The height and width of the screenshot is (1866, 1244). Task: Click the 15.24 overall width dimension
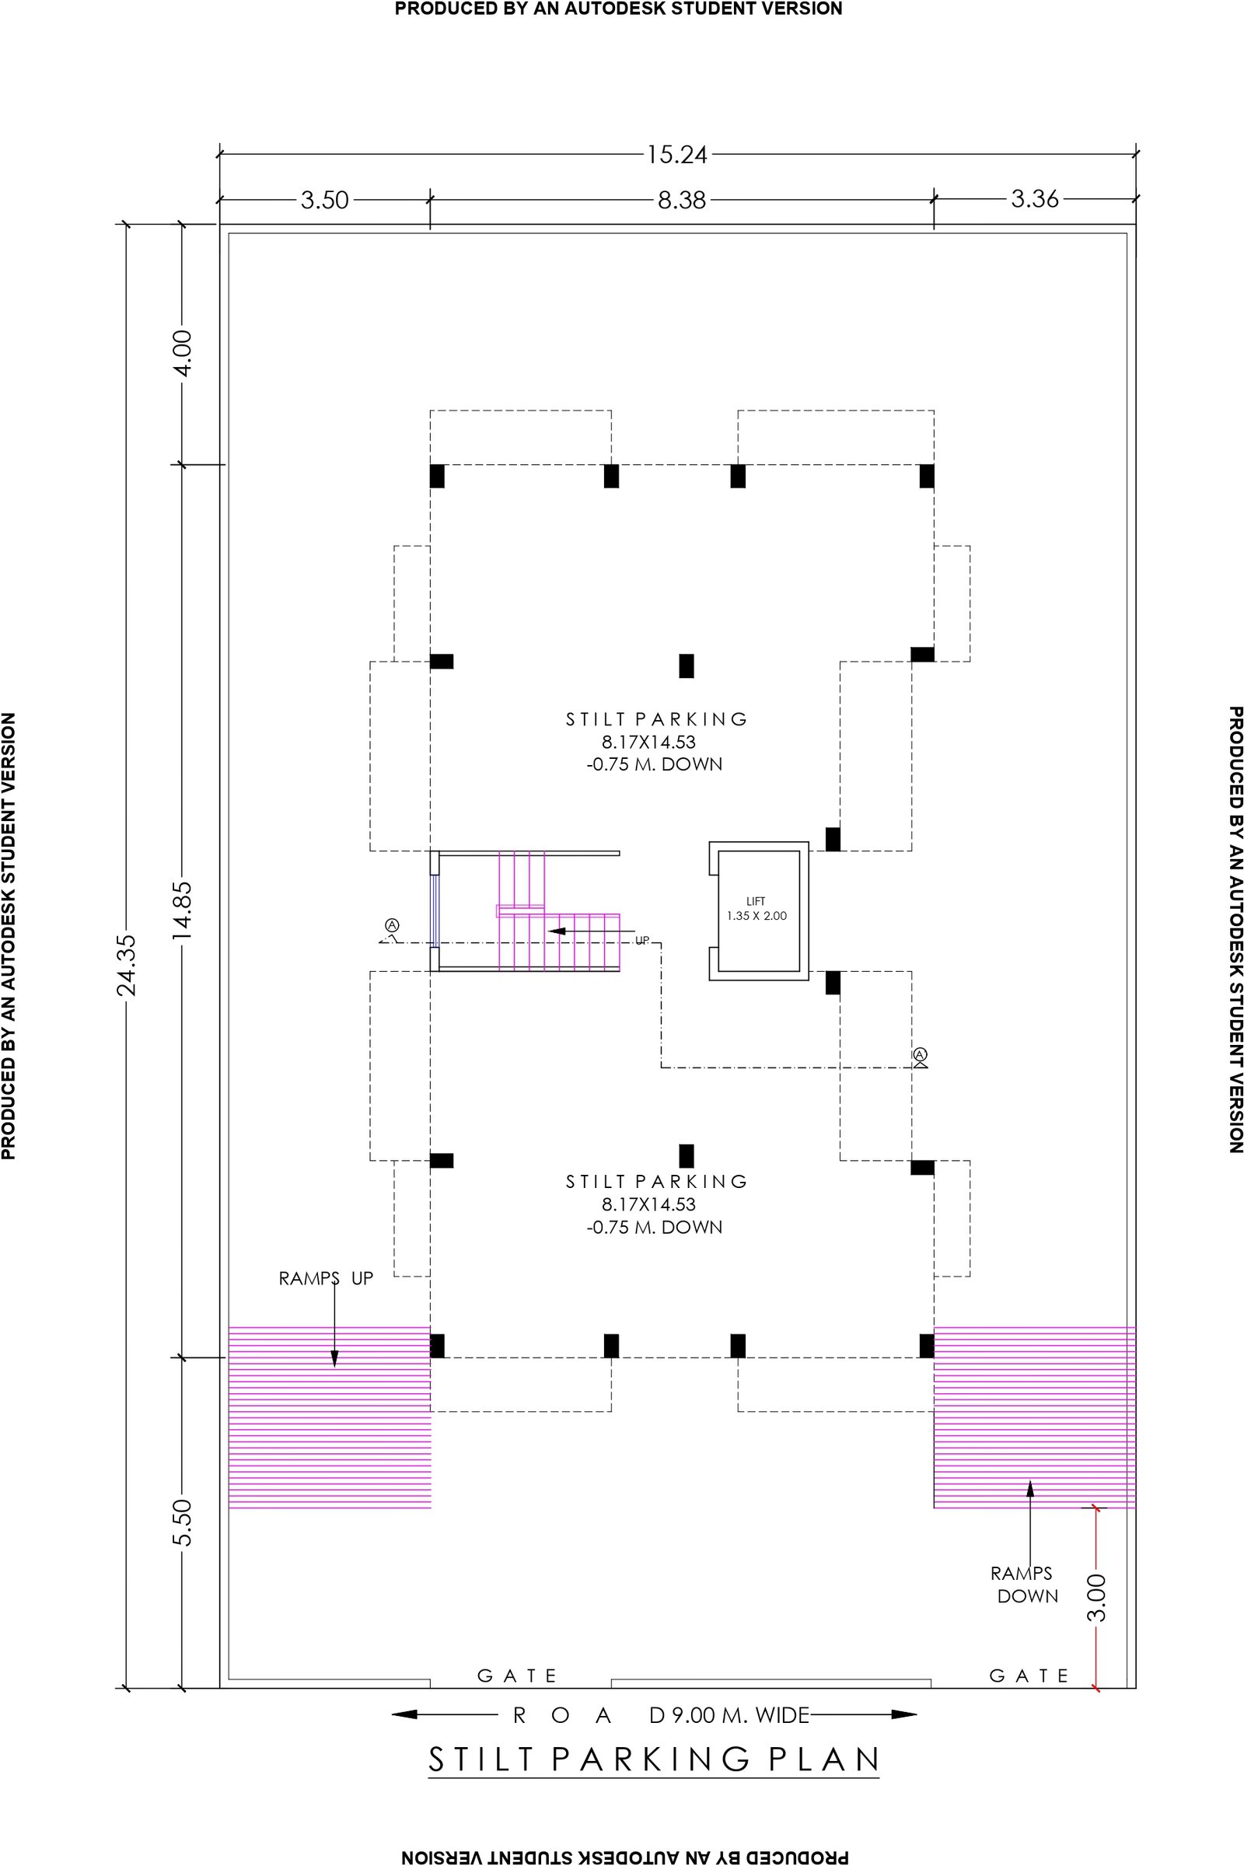pos(676,155)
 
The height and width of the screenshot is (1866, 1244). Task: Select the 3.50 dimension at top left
pos(324,200)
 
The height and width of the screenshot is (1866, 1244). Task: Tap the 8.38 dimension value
pos(682,200)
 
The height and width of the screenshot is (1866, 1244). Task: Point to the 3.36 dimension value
pos(1035,199)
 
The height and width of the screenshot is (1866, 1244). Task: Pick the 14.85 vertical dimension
pos(183,910)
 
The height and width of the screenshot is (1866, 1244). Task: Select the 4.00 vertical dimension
pos(183,354)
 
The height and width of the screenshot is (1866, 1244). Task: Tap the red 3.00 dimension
pos(1097,1598)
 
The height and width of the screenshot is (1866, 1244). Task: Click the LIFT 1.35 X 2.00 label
pos(757,908)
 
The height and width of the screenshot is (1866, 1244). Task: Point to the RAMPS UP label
pos(325,1278)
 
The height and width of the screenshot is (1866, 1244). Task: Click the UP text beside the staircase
pos(643,940)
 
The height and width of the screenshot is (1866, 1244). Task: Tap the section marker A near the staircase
pos(392,925)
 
